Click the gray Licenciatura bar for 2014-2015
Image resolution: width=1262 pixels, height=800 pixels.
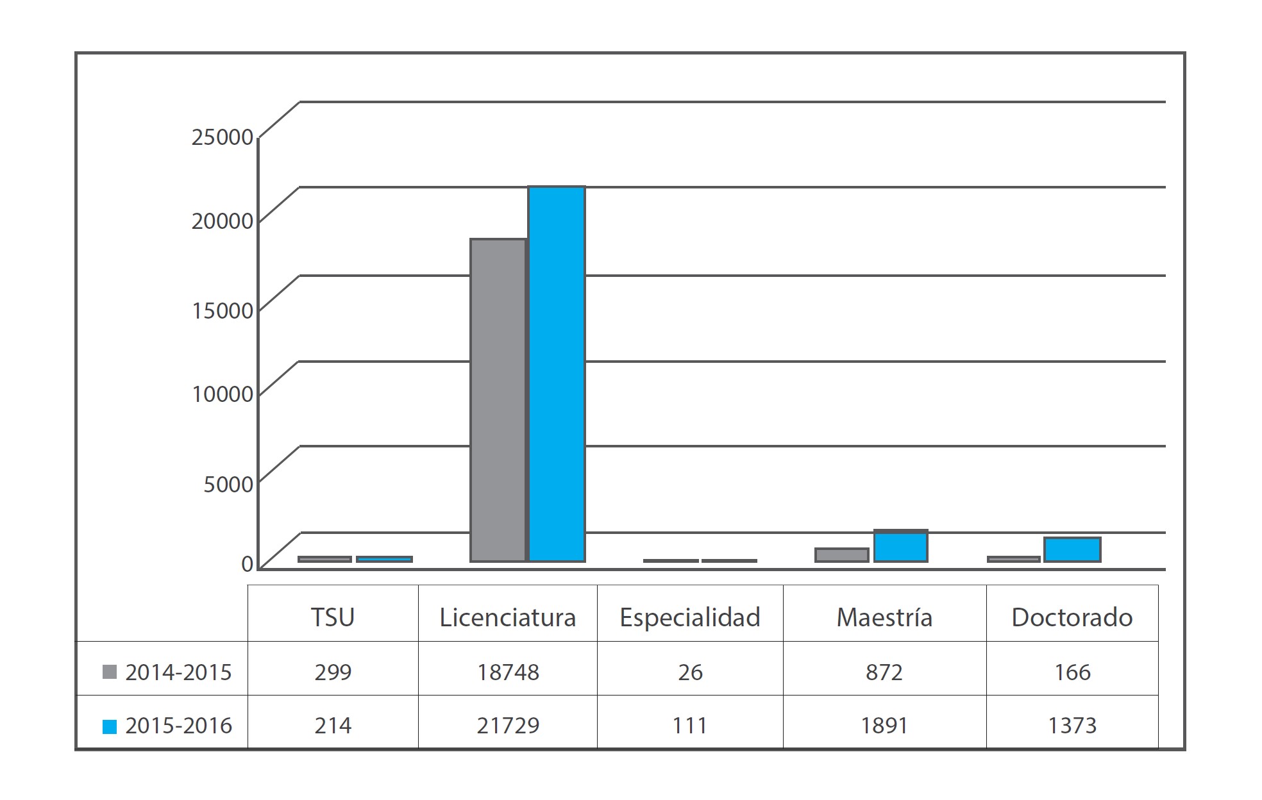click(498, 400)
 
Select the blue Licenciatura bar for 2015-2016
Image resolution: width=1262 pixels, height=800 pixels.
click(557, 374)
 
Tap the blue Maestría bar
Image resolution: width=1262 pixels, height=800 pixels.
click(900, 547)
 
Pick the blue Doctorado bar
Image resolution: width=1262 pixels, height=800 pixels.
click(1072, 549)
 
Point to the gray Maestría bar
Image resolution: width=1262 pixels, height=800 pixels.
click(842, 555)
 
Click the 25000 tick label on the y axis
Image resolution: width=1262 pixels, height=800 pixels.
click(222, 137)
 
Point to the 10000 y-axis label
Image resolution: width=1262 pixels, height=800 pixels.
click(222, 394)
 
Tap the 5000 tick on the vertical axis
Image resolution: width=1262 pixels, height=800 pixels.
click(228, 484)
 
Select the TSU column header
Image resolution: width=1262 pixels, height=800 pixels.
click(333, 617)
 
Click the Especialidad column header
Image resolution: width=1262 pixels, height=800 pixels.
click(690, 617)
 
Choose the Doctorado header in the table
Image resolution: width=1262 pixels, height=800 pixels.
click(1072, 617)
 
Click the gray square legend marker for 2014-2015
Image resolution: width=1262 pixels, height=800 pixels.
click(110, 672)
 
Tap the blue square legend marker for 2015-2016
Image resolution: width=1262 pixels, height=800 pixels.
click(110, 726)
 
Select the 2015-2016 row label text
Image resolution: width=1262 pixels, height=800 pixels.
click(179, 726)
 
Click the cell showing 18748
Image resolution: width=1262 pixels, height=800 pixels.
click(508, 672)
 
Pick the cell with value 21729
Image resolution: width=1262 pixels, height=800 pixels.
click(508, 726)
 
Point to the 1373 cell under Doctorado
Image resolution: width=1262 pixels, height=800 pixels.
click(1072, 726)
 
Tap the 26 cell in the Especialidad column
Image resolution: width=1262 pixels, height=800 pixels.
click(690, 672)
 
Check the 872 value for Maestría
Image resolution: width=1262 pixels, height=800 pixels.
click(884, 672)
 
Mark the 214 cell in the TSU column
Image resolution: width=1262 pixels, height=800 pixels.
click(333, 726)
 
